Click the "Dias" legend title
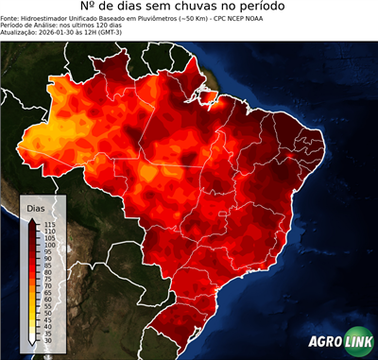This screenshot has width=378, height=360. [35, 207]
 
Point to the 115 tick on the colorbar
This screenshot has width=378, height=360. [50, 224]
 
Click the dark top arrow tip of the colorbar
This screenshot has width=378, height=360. [33, 219]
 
